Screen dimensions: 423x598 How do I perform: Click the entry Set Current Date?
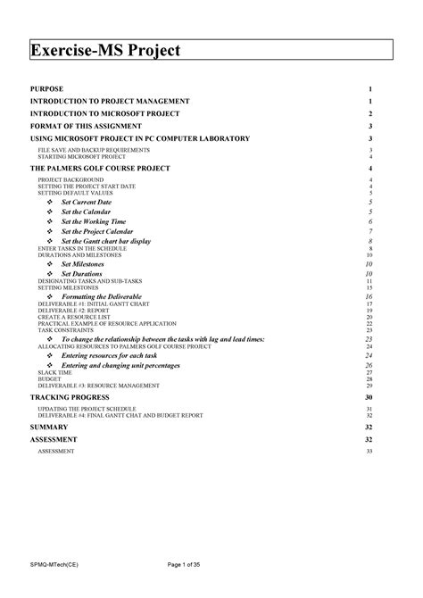(x=86, y=203)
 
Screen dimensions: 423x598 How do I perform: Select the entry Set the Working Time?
(x=93, y=220)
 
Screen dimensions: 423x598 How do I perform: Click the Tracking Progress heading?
(x=70, y=395)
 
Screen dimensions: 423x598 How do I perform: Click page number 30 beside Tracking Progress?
(x=369, y=395)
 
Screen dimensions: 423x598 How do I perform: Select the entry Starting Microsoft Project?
(x=81, y=156)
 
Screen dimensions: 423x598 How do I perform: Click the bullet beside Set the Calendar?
(x=49, y=212)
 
